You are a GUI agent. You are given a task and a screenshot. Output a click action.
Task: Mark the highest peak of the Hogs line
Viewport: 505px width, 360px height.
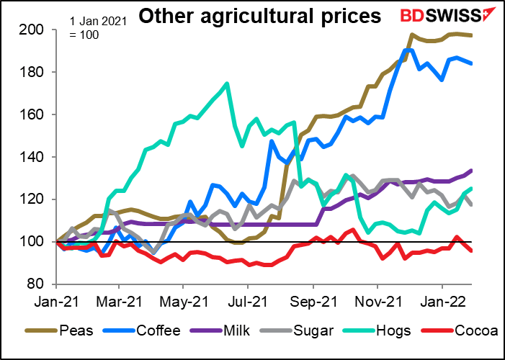point(227,84)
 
